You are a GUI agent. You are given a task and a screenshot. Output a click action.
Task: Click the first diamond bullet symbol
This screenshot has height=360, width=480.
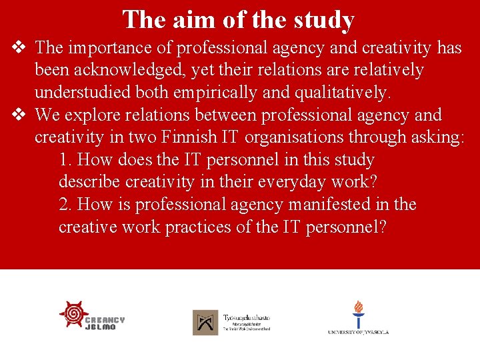pos(19,47)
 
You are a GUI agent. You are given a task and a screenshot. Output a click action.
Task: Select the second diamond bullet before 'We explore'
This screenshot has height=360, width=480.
pos(19,115)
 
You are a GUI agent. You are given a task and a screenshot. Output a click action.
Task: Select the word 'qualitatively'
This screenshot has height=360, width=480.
pos(341,93)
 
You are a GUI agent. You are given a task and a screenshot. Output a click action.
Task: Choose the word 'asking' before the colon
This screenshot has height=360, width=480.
pos(437,138)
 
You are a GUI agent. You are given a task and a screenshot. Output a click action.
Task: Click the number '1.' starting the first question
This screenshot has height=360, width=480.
pos(65,161)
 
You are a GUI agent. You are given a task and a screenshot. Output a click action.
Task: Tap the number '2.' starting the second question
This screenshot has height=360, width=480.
pos(65,205)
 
